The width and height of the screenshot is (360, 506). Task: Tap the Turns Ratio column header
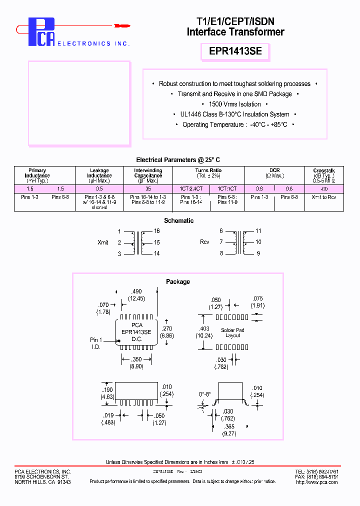(208, 173)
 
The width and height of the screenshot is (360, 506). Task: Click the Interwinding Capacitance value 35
(148, 188)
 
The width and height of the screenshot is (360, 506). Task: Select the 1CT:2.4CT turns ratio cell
(191, 188)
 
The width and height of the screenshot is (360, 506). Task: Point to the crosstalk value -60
(324, 188)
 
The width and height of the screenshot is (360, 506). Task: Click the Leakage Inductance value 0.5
(99, 188)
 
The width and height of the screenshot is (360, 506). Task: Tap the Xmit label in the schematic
(102, 242)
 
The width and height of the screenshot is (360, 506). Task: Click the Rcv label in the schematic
(204, 242)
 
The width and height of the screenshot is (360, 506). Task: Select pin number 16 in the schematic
(157, 231)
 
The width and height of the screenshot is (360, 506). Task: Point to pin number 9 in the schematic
(258, 253)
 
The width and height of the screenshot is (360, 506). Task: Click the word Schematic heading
(178, 220)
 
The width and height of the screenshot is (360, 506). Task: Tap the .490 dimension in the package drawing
(136, 291)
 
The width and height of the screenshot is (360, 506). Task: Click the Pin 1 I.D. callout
(96, 343)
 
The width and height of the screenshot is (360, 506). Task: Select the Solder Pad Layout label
(232, 332)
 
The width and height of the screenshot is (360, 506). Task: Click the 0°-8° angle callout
(204, 394)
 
